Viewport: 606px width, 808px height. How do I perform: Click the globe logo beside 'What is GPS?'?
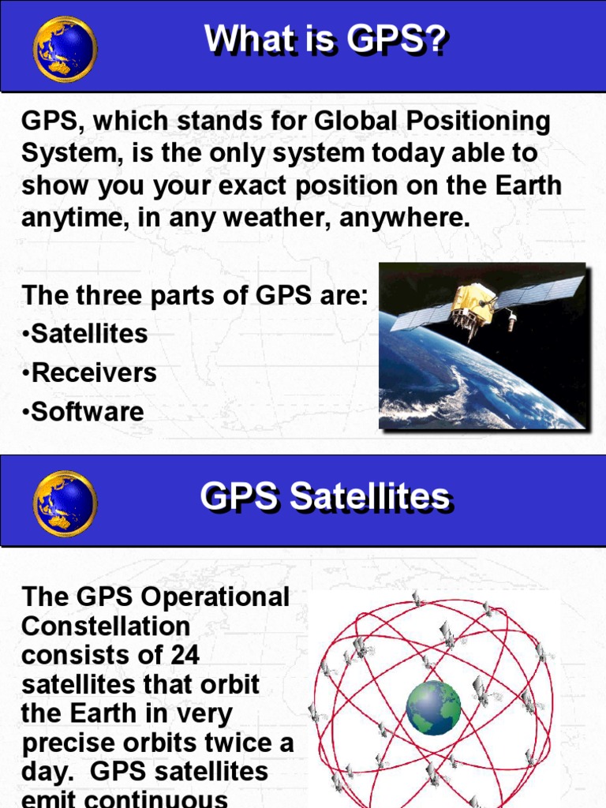click(x=65, y=48)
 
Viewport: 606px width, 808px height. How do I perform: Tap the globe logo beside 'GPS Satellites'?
click(x=65, y=503)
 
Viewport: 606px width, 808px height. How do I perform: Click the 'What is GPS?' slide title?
click(x=325, y=39)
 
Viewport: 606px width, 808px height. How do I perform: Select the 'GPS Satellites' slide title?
click(x=324, y=498)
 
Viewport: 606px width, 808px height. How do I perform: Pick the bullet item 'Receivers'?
click(x=90, y=372)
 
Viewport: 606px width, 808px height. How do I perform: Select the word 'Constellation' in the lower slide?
click(x=106, y=627)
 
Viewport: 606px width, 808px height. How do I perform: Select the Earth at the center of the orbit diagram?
click(x=433, y=707)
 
